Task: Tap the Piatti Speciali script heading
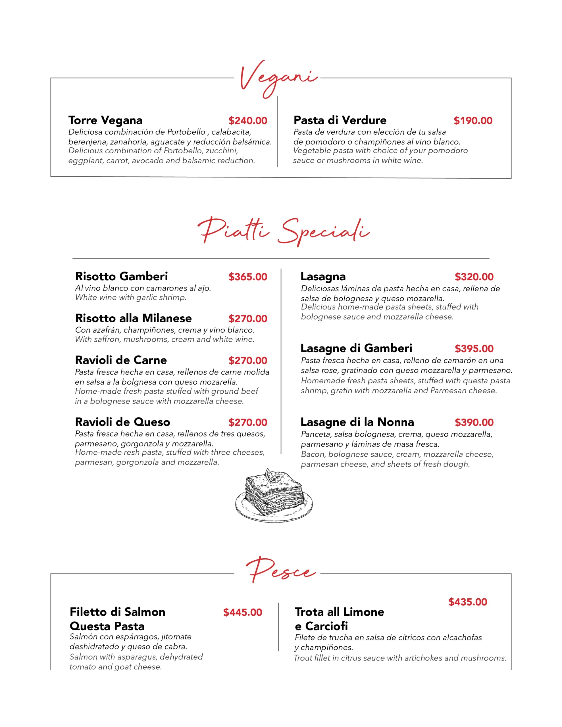(x=283, y=231)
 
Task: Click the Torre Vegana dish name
(x=105, y=120)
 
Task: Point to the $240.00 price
(x=247, y=120)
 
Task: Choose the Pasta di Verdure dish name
(x=340, y=120)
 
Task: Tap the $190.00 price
(x=473, y=120)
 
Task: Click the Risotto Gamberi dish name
(x=121, y=276)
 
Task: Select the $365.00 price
(x=247, y=277)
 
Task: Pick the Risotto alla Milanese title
(x=133, y=318)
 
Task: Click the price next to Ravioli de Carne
(x=247, y=360)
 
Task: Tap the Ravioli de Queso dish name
(x=122, y=422)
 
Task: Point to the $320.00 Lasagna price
(x=474, y=277)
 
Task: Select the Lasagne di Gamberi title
(x=356, y=348)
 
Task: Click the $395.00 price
(x=474, y=348)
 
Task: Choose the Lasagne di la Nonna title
(x=357, y=422)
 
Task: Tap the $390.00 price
(x=474, y=422)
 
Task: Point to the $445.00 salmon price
(x=243, y=612)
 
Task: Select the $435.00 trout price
(x=467, y=602)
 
